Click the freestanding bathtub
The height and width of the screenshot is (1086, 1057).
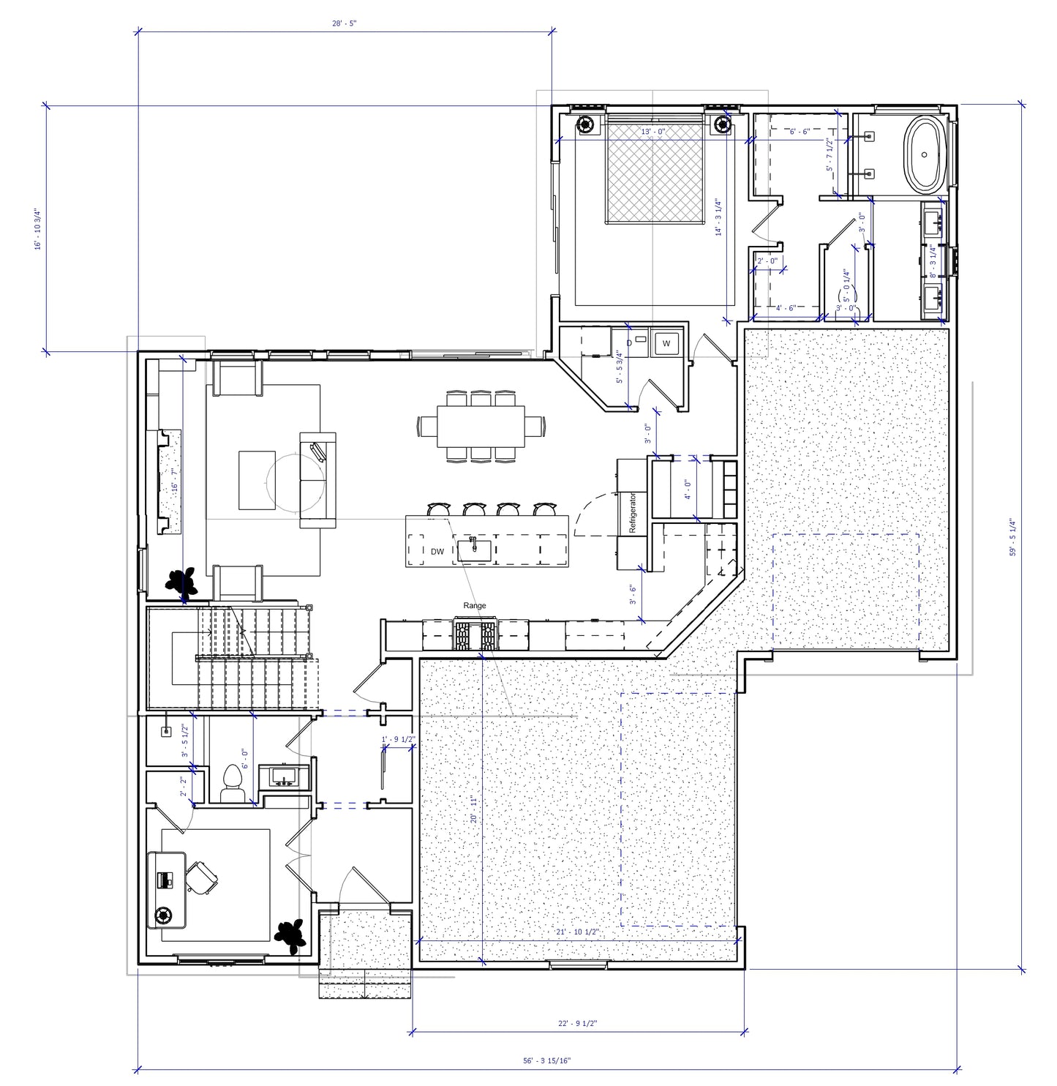coord(925,154)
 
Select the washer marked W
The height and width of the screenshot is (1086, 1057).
coord(666,342)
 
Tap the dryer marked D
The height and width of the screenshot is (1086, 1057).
coord(631,342)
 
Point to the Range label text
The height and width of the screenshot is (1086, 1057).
coord(474,606)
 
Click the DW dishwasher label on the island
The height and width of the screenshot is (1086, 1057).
coord(437,552)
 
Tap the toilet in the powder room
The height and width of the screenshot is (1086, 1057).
coord(233,782)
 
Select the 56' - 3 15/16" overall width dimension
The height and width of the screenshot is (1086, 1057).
coord(546,1060)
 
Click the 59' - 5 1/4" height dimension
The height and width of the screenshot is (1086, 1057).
coord(1012,538)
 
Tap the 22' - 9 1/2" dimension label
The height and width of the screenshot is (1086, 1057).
coord(577,1024)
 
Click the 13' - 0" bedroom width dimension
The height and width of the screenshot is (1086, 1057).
coord(653,132)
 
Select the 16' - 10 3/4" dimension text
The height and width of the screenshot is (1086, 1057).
coord(38,229)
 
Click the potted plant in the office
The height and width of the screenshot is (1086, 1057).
coord(290,935)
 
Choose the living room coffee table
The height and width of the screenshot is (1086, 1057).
coord(257,480)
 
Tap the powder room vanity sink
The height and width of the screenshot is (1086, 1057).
coord(282,776)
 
